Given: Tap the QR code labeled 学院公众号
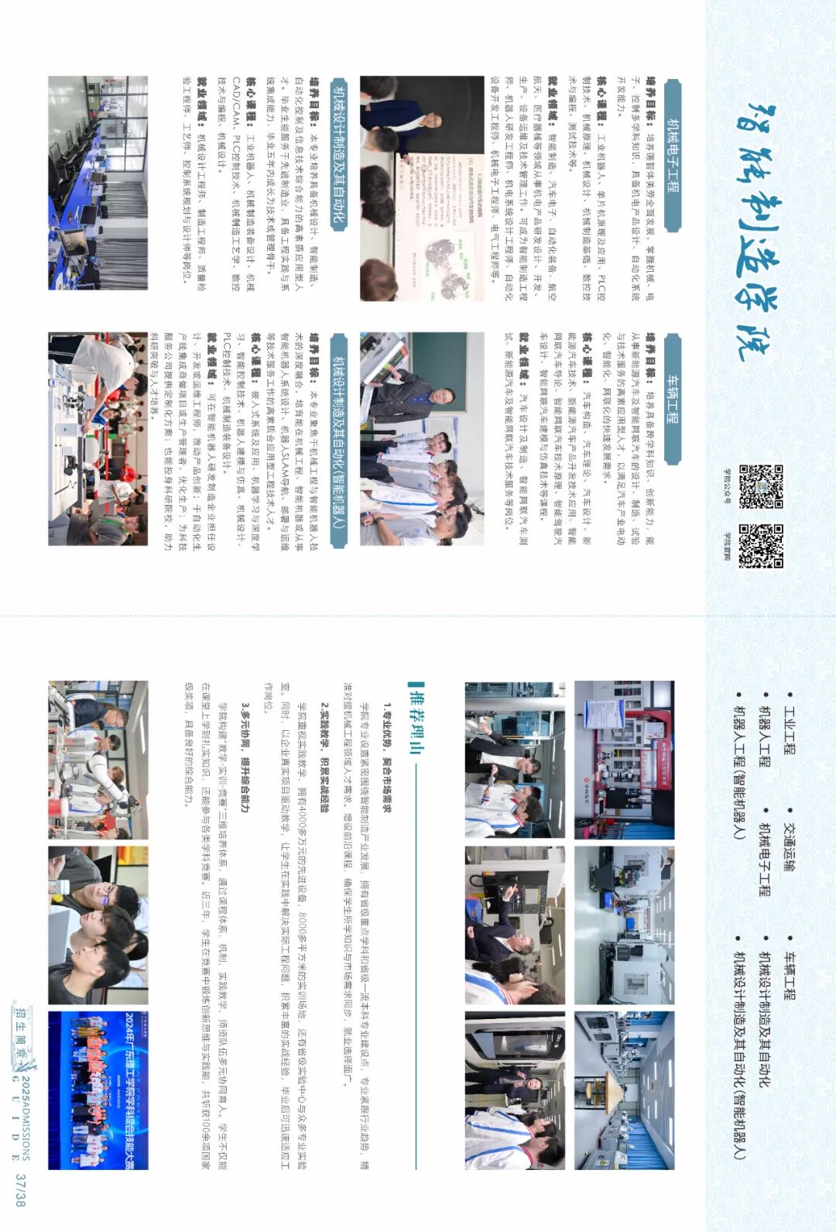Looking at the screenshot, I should pyautogui.click(x=761, y=486).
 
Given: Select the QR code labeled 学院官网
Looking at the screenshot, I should pyautogui.click(x=761, y=546).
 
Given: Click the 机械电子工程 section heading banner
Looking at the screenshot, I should pyautogui.click(x=671, y=155).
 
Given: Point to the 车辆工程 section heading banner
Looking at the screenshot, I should pyautogui.click(x=671, y=400).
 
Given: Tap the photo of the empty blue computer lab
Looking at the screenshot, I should pyautogui.click(x=98, y=183).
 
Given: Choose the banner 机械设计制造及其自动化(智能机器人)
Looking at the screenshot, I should pyautogui.click(x=339, y=441).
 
